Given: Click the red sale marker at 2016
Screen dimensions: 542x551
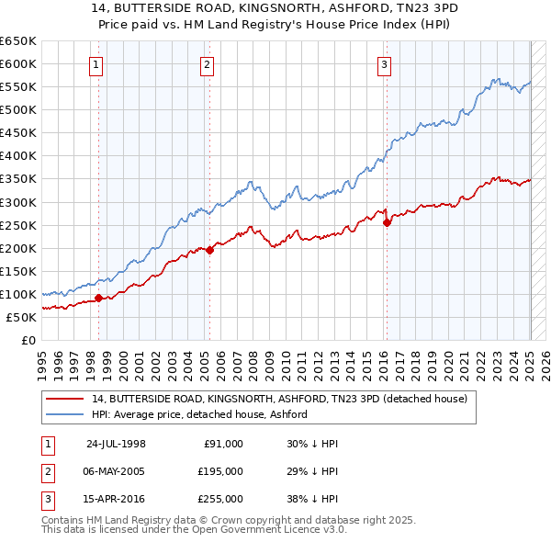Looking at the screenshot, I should [387, 221].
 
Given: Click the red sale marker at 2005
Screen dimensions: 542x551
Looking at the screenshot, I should [209, 249].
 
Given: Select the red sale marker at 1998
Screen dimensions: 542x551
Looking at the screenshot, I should [99, 297].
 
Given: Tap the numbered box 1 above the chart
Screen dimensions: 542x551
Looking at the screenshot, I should [96, 64].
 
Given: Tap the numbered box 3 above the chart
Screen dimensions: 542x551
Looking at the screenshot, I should [383, 64].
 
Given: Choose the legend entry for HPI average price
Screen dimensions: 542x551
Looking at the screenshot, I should [199, 414].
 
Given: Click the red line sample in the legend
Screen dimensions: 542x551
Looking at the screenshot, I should [65, 399].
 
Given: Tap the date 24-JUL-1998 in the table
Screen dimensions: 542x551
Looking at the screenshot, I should [116, 444].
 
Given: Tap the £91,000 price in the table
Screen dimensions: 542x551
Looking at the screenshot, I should [221, 444].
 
